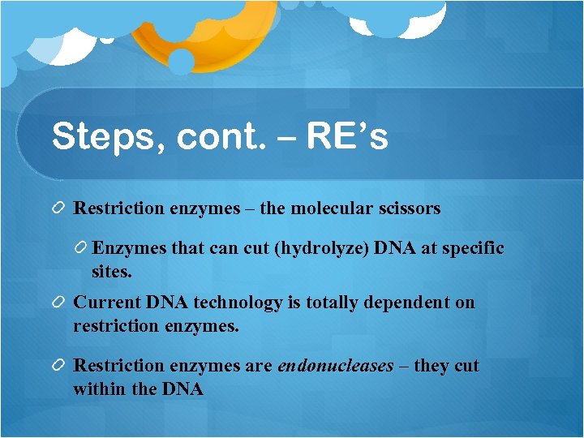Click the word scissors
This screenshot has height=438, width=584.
[x=409, y=208]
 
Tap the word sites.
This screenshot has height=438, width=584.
[x=112, y=273]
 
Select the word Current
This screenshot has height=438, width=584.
[x=107, y=303]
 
